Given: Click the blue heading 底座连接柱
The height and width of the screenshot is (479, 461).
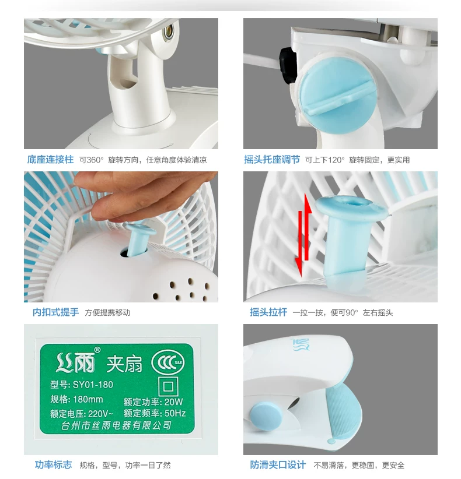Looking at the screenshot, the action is click(50, 160).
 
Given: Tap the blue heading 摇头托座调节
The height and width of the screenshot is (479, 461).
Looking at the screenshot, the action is click(272, 160).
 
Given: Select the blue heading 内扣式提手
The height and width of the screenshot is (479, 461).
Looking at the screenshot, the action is click(55, 312).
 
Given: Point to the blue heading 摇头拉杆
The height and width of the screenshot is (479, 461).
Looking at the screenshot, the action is click(268, 312).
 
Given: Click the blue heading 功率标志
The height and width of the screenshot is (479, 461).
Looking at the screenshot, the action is click(53, 464).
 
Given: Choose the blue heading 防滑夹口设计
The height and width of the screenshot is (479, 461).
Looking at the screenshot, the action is click(278, 464).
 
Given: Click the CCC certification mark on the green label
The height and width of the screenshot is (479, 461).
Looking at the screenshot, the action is click(167, 362).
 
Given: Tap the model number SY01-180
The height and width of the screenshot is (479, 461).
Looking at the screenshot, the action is click(93, 385).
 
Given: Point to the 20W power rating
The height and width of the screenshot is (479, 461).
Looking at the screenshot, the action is click(174, 401).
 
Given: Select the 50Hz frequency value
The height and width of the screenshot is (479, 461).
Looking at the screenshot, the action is click(175, 413).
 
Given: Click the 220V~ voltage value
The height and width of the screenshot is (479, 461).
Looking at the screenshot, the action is click(100, 414).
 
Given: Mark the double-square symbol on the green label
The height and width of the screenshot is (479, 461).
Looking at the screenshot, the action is click(168, 387).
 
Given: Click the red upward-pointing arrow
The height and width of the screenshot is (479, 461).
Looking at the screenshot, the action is click(308, 226).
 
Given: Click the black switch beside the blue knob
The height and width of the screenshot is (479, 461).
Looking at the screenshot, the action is click(288, 66).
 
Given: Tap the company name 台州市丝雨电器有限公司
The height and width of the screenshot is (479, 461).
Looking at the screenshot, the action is click(116, 425).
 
